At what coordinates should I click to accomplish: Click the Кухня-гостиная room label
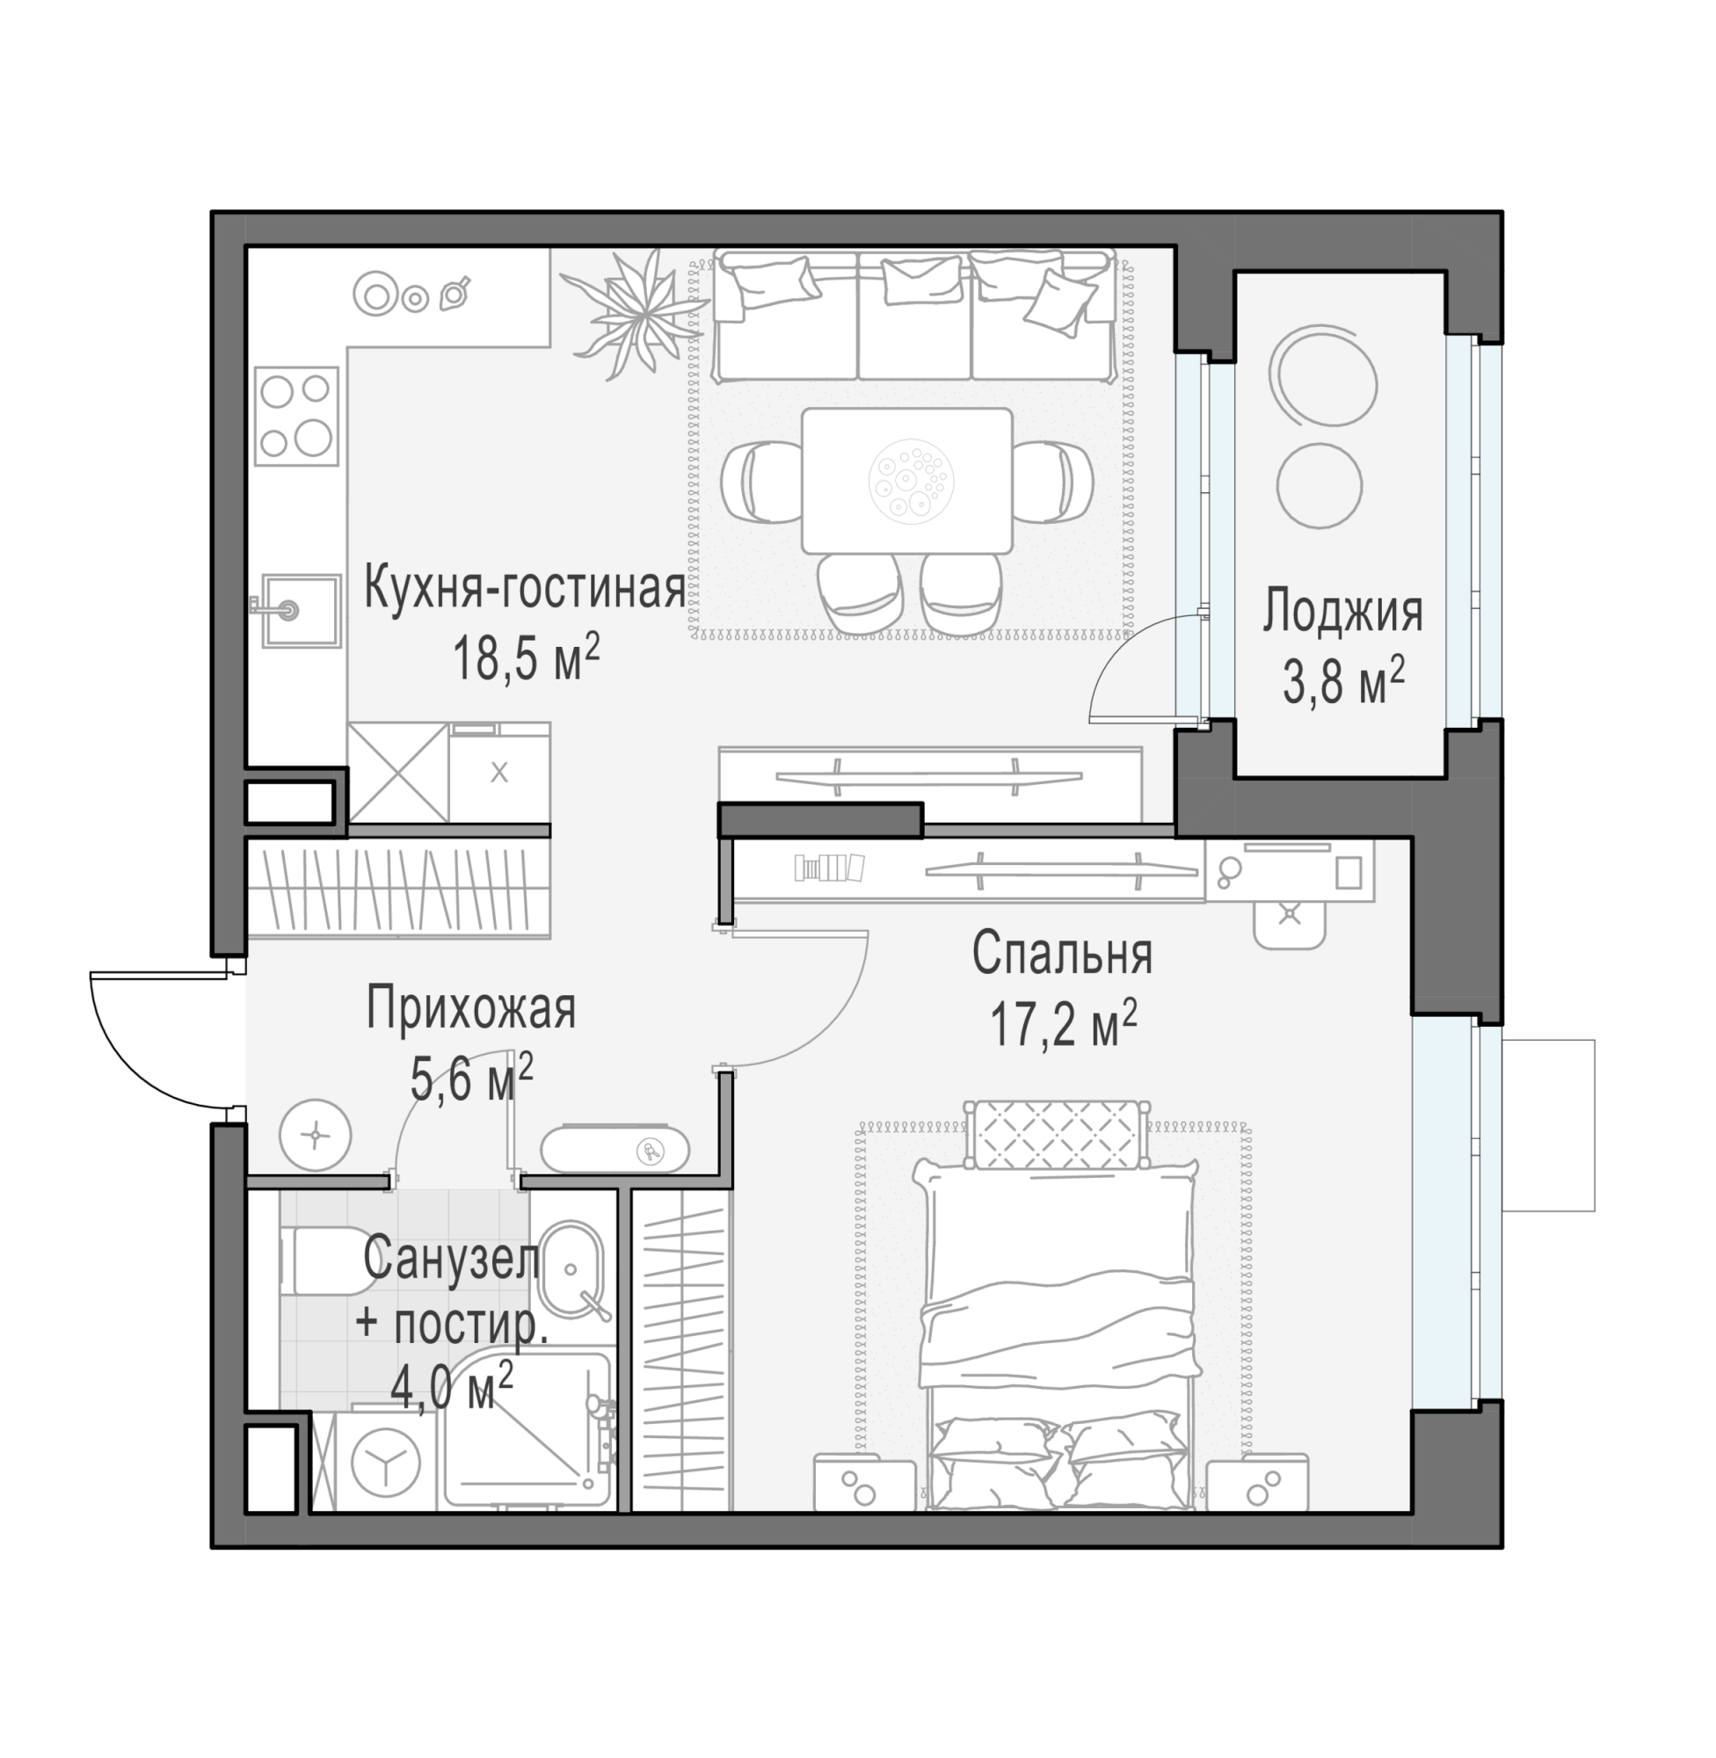pos(524,587)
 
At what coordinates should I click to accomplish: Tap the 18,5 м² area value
pos(526,658)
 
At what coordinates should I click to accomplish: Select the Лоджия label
pos(1342,612)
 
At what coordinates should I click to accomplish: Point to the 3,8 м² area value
pos(1343,681)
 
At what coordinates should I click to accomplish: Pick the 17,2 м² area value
pos(1064,1025)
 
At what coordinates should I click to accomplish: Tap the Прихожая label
pos(470,1009)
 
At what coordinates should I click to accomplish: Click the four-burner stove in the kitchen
pos(296,417)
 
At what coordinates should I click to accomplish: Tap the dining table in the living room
pos(907,480)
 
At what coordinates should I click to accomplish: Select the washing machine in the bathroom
pos(386,1461)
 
